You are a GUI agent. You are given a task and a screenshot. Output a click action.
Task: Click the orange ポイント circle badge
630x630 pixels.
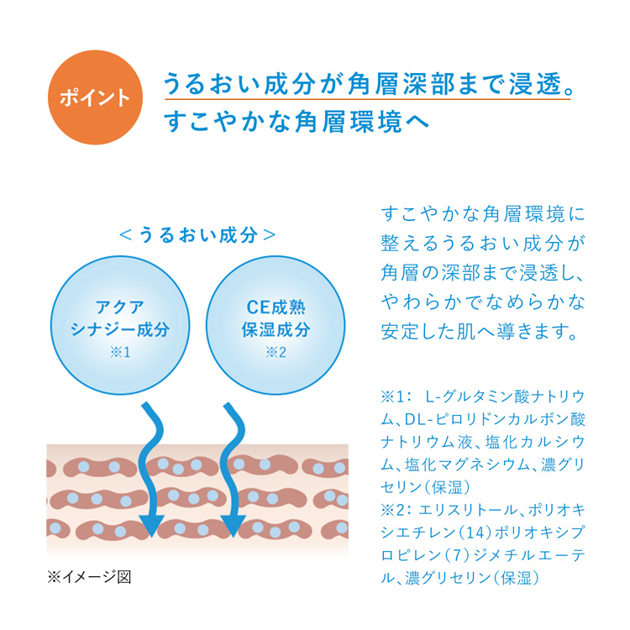point(95,97)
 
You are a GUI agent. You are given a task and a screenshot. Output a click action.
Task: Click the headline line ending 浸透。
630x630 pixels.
point(368,83)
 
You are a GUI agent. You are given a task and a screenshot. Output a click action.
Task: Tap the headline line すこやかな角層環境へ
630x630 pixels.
point(297,121)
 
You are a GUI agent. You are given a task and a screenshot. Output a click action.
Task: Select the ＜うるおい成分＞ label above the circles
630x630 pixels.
point(197,235)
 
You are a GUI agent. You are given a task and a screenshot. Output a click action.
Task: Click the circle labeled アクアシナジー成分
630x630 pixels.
point(120,325)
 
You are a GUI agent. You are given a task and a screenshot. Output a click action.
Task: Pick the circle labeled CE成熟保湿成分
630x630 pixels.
point(276,325)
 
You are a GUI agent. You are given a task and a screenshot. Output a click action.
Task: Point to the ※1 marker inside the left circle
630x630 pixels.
point(120,352)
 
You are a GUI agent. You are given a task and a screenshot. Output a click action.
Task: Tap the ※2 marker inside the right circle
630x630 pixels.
point(276,352)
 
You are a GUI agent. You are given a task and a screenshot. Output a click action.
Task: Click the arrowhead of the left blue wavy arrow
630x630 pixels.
point(151,526)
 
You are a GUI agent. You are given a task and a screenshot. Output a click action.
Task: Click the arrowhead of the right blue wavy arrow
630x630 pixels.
point(233,526)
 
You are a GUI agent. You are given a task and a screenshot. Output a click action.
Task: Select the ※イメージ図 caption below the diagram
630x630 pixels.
point(89,577)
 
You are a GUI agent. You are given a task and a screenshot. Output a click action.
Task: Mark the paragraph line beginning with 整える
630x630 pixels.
point(483,244)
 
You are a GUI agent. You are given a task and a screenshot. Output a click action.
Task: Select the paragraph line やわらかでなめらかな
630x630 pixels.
point(483,302)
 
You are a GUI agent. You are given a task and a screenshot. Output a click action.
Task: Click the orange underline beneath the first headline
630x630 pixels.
point(368,98)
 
